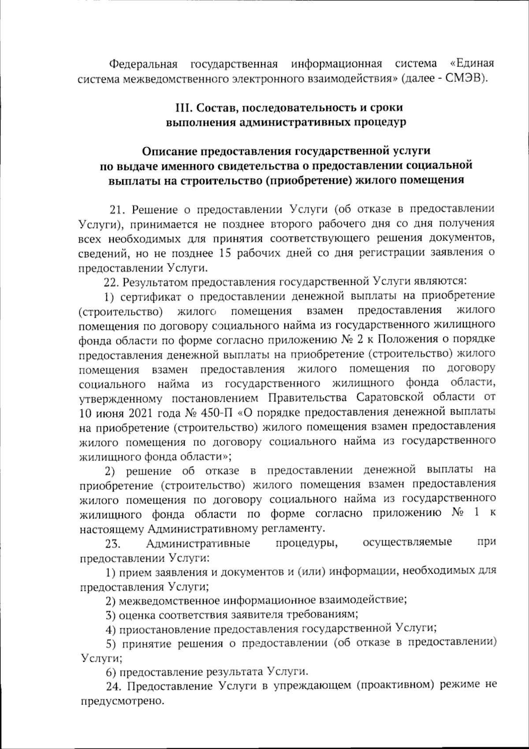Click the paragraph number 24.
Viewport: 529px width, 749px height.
coord(114,686)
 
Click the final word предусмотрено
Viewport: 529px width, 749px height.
coord(119,701)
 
